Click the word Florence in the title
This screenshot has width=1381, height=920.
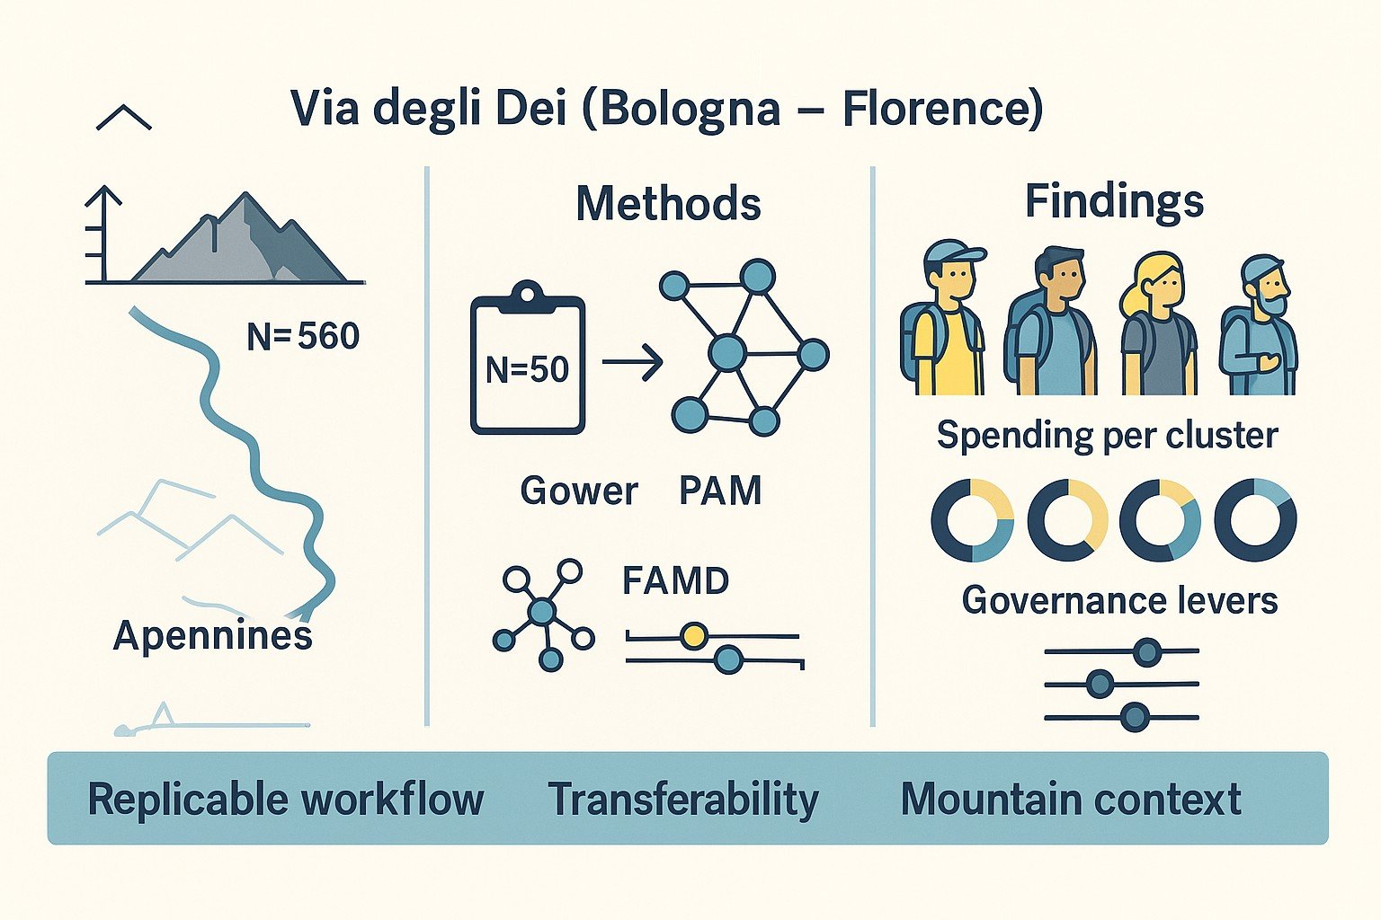tap(935, 110)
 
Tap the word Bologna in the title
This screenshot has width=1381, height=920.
tap(690, 110)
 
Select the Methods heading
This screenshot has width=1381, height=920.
tap(668, 204)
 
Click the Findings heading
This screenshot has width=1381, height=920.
tap(1114, 201)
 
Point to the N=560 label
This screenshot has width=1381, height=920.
tap(303, 337)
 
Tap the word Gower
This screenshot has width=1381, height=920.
tap(579, 491)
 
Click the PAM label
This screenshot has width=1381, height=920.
tap(720, 491)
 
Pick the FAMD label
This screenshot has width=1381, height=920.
tap(675, 580)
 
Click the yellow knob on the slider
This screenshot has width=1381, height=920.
tap(692, 636)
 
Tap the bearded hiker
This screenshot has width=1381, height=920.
tap(1260, 325)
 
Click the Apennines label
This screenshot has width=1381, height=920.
tap(213, 636)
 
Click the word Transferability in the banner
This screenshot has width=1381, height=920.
tap(683, 800)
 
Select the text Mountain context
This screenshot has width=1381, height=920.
tap(1071, 799)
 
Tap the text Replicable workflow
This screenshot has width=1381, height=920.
tap(286, 800)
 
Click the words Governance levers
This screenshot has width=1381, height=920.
tap(1119, 600)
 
